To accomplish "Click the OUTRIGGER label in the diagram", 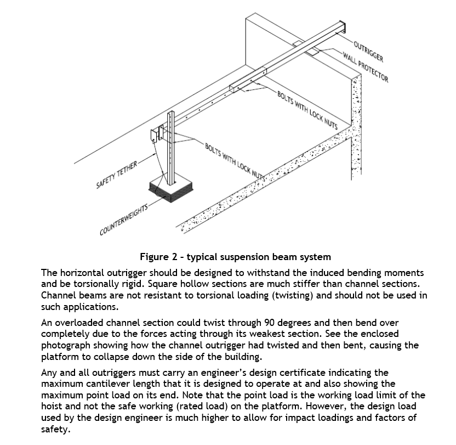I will (x=368, y=50).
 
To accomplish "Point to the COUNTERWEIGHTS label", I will (x=124, y=219).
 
